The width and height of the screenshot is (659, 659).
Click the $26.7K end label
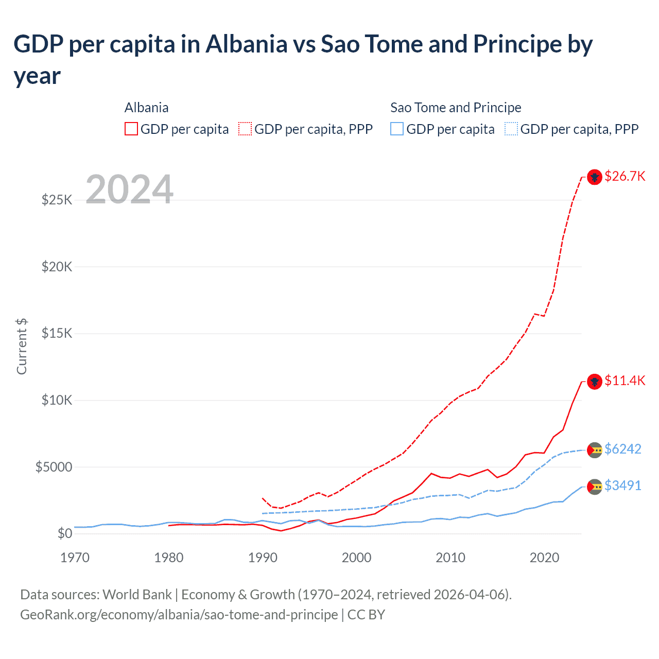click(x=625, y=176)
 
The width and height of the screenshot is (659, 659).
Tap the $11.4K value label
click(x=625, y=380)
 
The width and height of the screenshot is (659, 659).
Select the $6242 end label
click(x=622, y=449)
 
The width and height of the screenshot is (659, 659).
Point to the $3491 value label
click(x=622, y=485)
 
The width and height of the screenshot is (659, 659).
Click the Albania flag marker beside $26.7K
click(x=595, y=177)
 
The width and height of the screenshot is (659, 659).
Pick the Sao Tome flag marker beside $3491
click(x=595, y=487)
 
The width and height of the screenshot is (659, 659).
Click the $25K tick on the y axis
click(x=57, y=200)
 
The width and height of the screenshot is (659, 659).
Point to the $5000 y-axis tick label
click(x=54, y=467)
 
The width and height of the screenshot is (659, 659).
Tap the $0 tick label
click(x=64, y=533)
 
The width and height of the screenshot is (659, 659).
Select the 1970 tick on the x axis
click(x=75, y=558)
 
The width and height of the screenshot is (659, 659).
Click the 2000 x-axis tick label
click(x=356, y=558)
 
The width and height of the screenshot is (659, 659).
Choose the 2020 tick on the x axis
click(x=544, y=558)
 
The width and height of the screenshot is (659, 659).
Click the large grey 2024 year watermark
click(x=129, y=189)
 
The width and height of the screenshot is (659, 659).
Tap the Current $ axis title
click(x=22, y=346)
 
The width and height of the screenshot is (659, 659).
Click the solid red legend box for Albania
click(x=131, y=129)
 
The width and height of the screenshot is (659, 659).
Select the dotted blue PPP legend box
click(x=511, y=129)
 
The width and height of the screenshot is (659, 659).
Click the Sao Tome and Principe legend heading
click(x=456, y=108)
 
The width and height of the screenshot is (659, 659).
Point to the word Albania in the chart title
click(x=246, y=44)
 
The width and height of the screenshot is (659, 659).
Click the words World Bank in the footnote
click(x=137, y=595)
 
